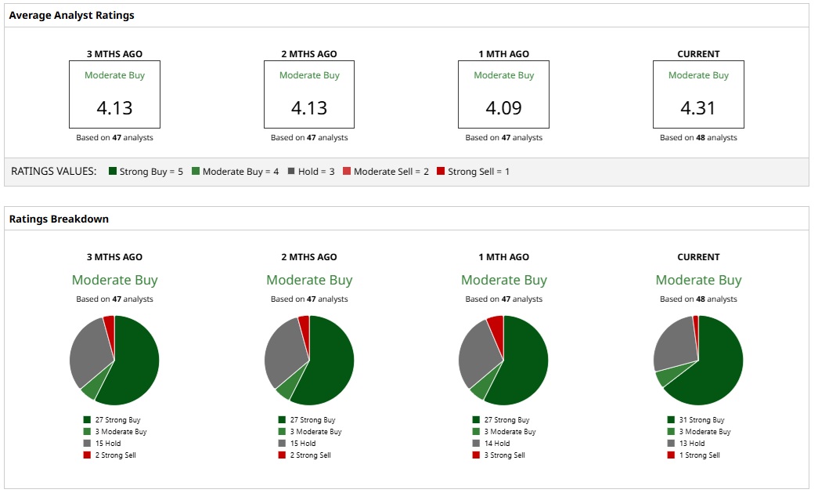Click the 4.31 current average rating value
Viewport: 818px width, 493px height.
(x=698, y=107)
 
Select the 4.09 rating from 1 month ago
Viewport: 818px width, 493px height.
(x=504, y=107)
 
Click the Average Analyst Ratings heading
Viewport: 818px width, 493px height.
(x=71, y=15)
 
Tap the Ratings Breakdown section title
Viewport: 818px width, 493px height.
(x=59, y=219)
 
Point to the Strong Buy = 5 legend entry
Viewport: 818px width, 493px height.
(x=146, y=171)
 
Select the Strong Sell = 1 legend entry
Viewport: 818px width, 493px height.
(x=473, y=171)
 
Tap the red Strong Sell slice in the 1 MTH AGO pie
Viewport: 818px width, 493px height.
(x=495, y=324)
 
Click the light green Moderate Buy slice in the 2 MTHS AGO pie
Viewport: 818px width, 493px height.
(x=286, y=385)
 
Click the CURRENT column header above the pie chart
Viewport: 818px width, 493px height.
(x=698, y=257)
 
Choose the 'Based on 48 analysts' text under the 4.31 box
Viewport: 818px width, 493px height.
(x=698, y=138)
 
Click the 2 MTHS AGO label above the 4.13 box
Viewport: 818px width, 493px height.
(x=309, y=54)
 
